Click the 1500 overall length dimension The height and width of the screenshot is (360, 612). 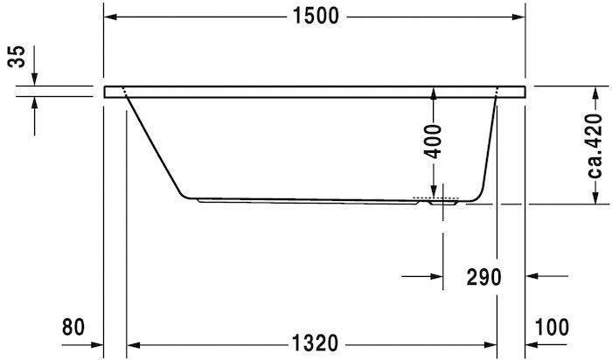click(x=316, y=17)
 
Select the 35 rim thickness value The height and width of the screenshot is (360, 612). click(x=16, y=57)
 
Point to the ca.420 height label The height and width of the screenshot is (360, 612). click(x=594, y=145)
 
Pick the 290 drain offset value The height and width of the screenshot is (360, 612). click(x=483, y=278)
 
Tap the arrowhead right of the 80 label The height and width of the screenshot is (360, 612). click(x=97, y=343)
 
